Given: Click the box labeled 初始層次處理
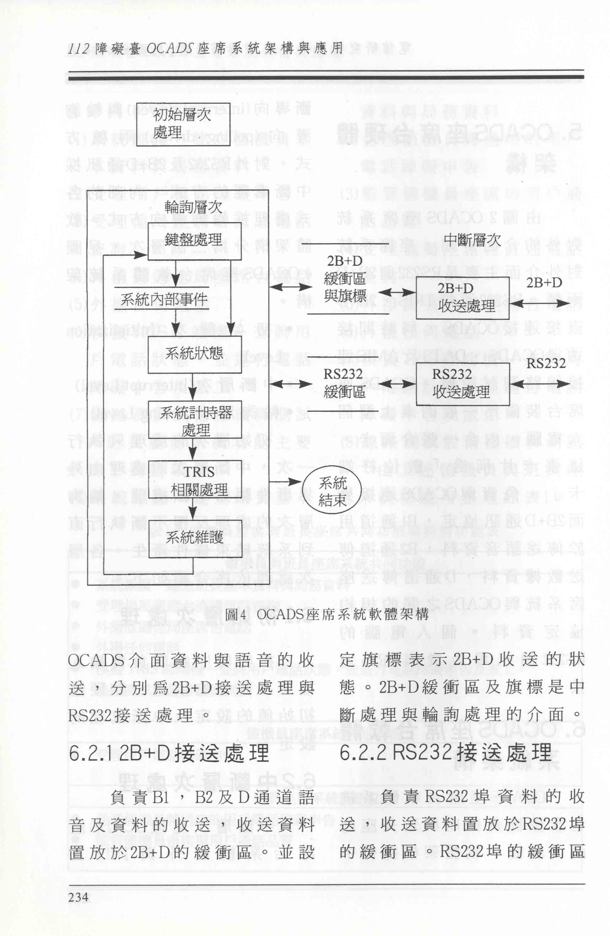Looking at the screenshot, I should [x=183, y=124].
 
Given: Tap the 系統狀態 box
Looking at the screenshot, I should [x=194, y=353].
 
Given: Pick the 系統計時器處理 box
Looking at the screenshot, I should [x=195, y=420].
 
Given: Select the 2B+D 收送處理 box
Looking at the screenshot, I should [x=462, y=297].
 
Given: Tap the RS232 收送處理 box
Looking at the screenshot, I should [x=462, y=384].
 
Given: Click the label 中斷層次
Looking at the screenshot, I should [x=472, y=239].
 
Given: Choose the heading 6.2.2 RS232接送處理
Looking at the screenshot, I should [x=445, y=753].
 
